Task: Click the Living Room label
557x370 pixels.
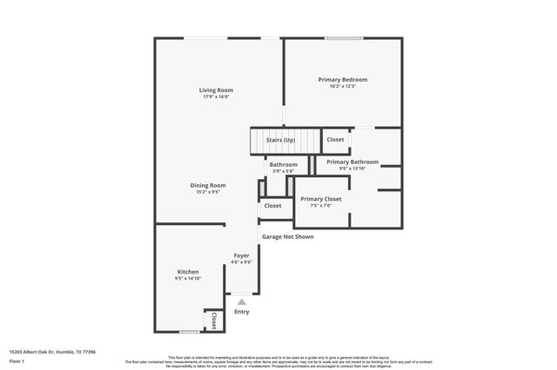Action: (216, 90)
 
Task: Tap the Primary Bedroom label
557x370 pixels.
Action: (342, 80)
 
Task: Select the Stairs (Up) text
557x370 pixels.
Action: (280, 140)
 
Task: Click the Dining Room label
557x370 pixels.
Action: (208, 185)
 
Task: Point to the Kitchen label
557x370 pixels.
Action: (188, 272)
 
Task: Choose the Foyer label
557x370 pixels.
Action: (241, 255)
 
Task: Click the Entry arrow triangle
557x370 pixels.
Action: (241, 301)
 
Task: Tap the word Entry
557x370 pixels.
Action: (241, 312)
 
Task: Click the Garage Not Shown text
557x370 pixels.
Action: (288, 236)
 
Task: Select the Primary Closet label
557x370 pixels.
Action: (321, 199)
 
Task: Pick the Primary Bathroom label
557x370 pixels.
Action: (352, 162)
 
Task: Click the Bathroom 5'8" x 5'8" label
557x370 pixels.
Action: (283, 165)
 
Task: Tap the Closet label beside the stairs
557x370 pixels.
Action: (335, 140)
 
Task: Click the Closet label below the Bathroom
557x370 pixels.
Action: (272, 206)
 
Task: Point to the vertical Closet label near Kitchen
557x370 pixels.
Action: (213, 320)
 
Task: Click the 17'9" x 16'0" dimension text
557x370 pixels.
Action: (216, 96)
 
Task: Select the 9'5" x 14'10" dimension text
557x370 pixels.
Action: (188, 279)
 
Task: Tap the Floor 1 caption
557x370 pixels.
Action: (17, 361)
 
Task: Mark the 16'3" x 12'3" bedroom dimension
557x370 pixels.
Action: (342, 86)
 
